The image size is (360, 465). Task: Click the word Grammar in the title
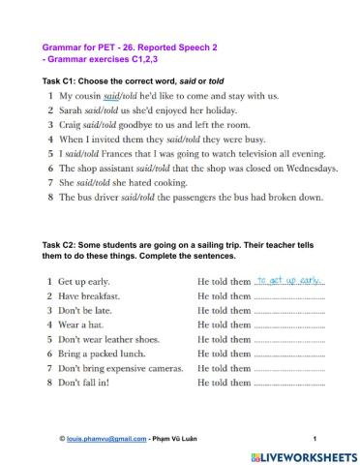[60, 46]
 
